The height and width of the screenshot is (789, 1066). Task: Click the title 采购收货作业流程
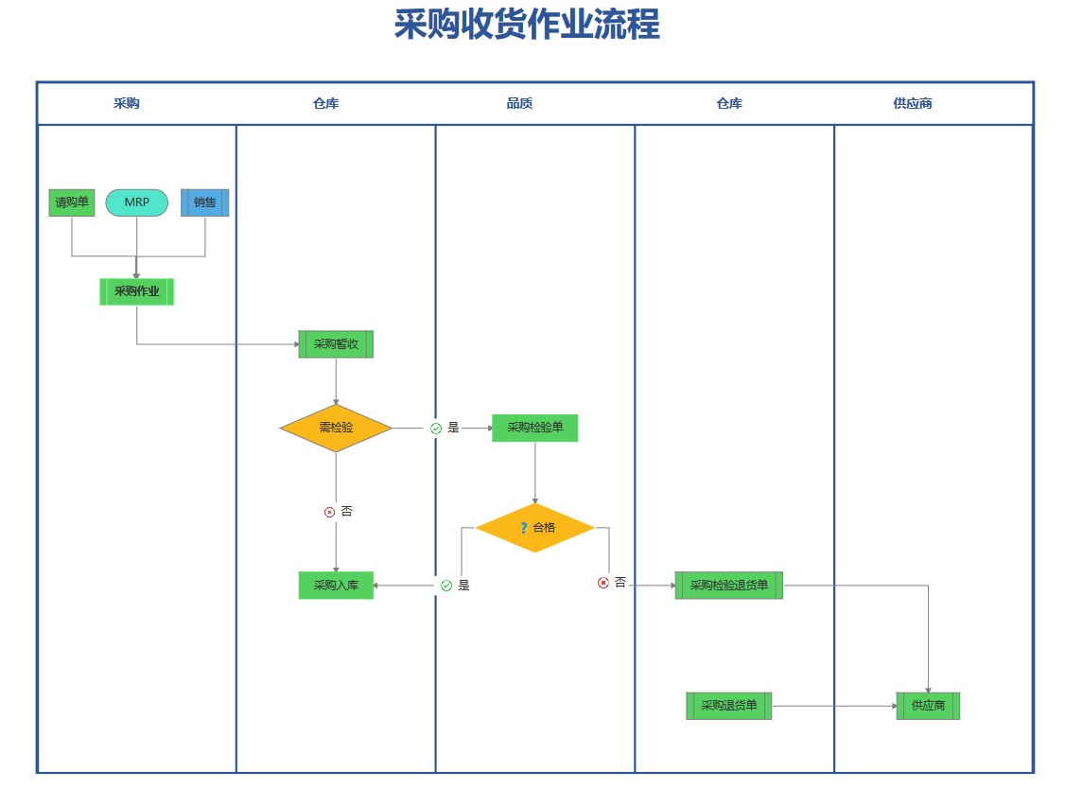click(526, 26)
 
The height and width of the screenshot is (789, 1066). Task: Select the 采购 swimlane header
click(126, 103)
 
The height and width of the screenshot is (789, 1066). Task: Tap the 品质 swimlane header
click(519, 103)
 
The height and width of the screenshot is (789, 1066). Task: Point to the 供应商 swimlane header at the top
click(912, 103)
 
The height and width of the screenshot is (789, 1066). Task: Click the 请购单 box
click(72, 202)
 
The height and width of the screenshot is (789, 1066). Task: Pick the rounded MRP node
click(136, 202)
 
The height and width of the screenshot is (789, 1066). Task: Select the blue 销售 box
click(204, 202)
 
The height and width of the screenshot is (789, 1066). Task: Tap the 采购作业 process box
click(136, 291)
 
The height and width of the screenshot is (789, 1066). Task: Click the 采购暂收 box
click(336, 344)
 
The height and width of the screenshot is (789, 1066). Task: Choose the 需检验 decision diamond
click(336, 428)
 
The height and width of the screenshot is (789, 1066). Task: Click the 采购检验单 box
click(534, 428)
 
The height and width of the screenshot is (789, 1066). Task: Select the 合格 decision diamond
click(534, 528)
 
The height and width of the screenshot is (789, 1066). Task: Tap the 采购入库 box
click(336, 586)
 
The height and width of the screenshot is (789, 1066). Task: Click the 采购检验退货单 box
click(728, 586)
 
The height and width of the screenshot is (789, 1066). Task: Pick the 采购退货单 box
click(728, 706)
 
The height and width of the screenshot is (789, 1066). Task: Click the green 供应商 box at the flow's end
click(928, 706)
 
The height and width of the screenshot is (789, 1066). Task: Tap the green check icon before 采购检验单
click(436, 429)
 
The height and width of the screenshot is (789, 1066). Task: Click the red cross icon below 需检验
click(329, 512)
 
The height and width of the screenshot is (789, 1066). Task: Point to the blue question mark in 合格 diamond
click(524, 528)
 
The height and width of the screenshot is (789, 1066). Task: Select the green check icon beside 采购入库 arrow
click(446, 586)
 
